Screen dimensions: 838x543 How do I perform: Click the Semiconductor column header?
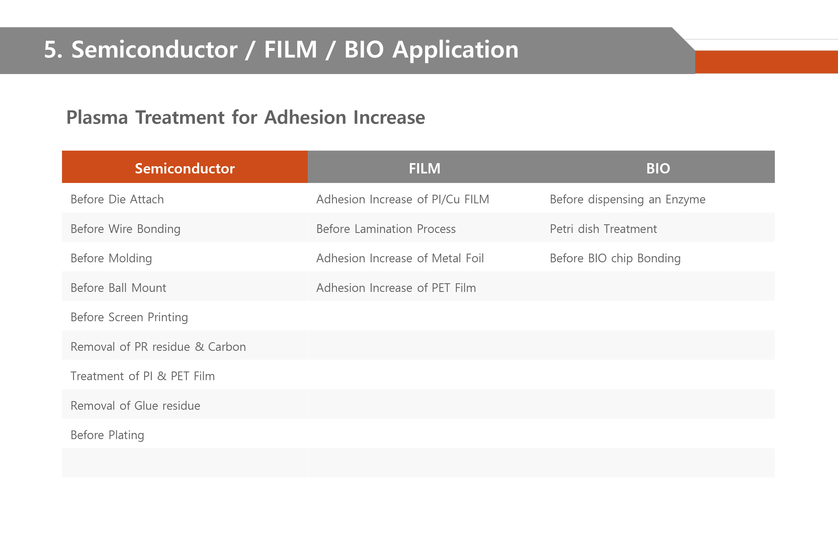click(x=185, y=168)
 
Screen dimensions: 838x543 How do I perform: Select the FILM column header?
click(x=424, y=168)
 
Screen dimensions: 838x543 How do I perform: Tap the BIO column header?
click(x=658, y=168)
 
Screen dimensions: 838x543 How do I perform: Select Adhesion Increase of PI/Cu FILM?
click(x=403, y=199)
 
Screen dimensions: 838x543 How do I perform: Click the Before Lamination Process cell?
click(x=386, y=229)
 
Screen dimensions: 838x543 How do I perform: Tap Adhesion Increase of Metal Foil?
click(x=400, y=258)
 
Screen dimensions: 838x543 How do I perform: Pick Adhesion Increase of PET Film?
click(x=396, y=288)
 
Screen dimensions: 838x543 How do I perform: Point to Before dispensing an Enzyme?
click(x=627, y=200)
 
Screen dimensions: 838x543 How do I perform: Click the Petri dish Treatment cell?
click(x=603, y=229)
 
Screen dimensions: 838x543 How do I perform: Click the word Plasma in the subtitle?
click(x=97, y=117)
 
